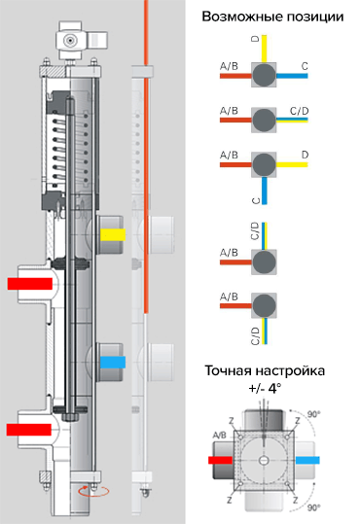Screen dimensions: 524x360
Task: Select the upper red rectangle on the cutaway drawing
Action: coord(29,283)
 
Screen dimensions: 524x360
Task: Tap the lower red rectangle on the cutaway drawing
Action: coord(29,428)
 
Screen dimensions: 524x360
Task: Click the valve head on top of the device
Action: coord(73,40)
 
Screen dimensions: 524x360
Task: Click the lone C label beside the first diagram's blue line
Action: coord(306,65)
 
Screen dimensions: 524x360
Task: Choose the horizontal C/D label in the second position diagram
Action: coord(300,110)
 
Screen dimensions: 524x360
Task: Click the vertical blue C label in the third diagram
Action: coord(256,200)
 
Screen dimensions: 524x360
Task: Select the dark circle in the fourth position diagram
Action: coord(264,262)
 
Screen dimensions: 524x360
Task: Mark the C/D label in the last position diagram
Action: coord(256,336)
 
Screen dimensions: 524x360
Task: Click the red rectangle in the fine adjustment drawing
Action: coord(221,461)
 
